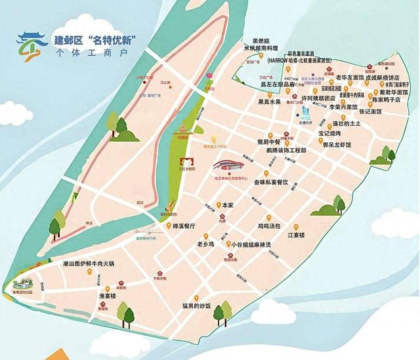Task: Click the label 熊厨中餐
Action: coord(269,140)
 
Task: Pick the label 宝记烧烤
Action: coord(331,132)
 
